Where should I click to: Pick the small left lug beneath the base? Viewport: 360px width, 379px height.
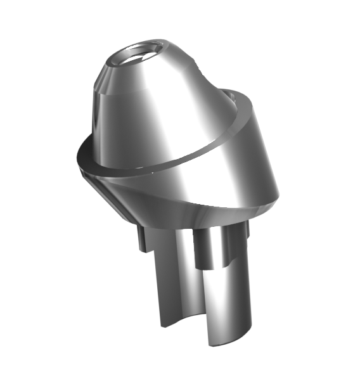tap(143, 238)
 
